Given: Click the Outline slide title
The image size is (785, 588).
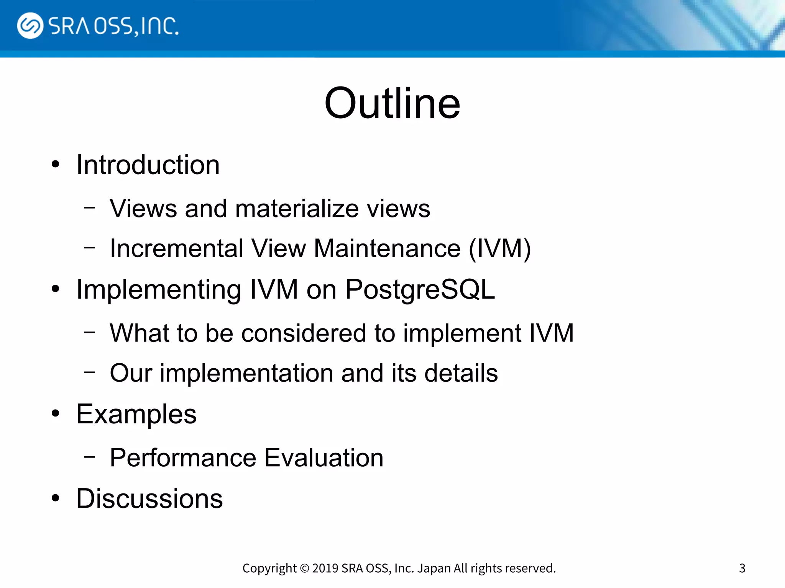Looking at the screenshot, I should (392, 103).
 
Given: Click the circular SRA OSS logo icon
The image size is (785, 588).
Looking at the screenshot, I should (30, 26).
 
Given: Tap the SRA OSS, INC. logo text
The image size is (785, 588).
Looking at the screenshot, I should (113, 26).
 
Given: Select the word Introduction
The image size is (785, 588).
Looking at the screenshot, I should (148, 165).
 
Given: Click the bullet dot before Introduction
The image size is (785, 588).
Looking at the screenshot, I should (56, 165).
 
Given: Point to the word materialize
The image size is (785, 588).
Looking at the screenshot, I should (297, 209).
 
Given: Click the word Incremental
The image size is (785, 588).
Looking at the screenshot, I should (176, 248).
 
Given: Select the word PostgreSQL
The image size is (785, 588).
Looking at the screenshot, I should (420, 290).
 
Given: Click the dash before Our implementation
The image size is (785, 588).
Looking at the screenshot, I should (90, 371).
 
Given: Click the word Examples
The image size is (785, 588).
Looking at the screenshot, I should (136, 414).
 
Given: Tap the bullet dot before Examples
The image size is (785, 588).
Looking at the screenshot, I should (56, 414).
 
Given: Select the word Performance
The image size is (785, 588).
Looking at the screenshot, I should (183, 458).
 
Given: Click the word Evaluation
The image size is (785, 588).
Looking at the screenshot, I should (324, 458).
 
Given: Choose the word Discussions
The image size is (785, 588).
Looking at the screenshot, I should (149, 499).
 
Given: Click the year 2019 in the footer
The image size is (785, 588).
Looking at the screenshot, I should (325, 568).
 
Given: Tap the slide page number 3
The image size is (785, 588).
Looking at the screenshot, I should (742, 568).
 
